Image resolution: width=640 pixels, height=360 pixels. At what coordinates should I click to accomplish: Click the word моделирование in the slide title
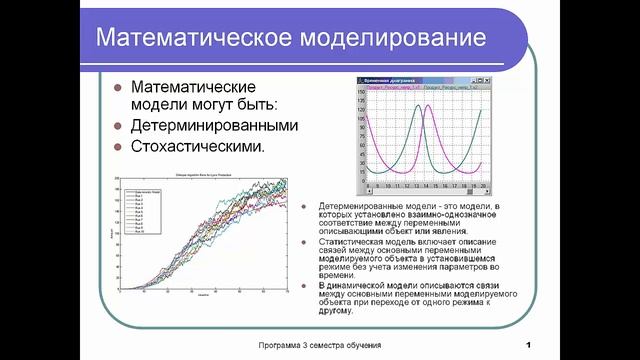click(389, 37)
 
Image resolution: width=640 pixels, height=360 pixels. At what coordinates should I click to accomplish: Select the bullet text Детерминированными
click(215, 126)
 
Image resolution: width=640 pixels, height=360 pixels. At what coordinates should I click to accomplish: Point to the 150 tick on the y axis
click(361, 94)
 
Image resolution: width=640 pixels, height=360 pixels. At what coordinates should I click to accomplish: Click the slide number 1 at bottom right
click(526, 346)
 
